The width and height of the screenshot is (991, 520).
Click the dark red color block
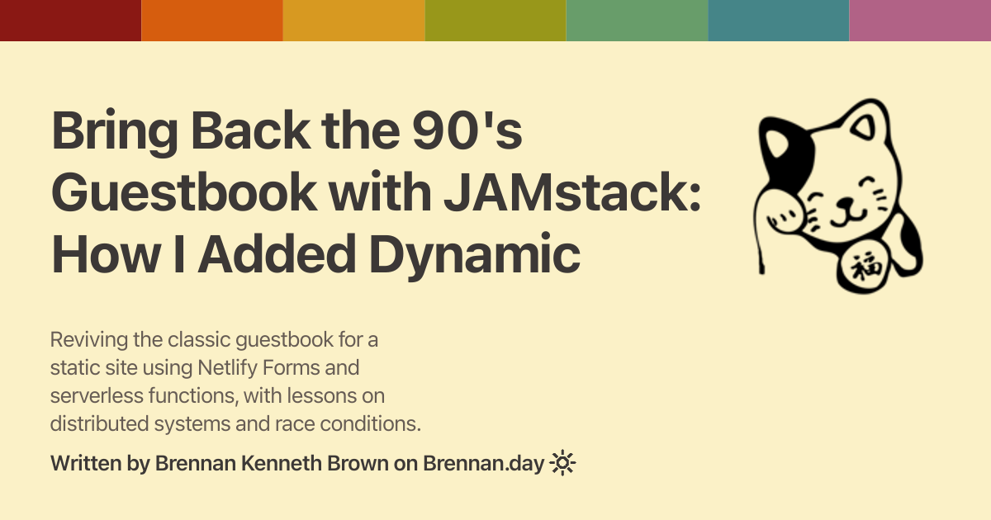pos(71,21)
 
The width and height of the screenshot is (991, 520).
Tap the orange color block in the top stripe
pos(212,21)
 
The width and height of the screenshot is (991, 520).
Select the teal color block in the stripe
pos(779,21)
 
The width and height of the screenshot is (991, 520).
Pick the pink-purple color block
pos(920,21)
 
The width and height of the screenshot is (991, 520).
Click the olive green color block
pos(495,21)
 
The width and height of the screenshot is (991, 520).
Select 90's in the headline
pos(467,130)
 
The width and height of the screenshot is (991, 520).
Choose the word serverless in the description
pos(96,395)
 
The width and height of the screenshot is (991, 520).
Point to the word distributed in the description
pos(99,423)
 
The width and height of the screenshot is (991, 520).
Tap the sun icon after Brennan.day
pos(562,463)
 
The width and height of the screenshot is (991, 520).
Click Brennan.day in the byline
pos(484,464)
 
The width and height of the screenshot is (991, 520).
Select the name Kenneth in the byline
pos(281,463)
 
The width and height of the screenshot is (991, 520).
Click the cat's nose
pos(846,203)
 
